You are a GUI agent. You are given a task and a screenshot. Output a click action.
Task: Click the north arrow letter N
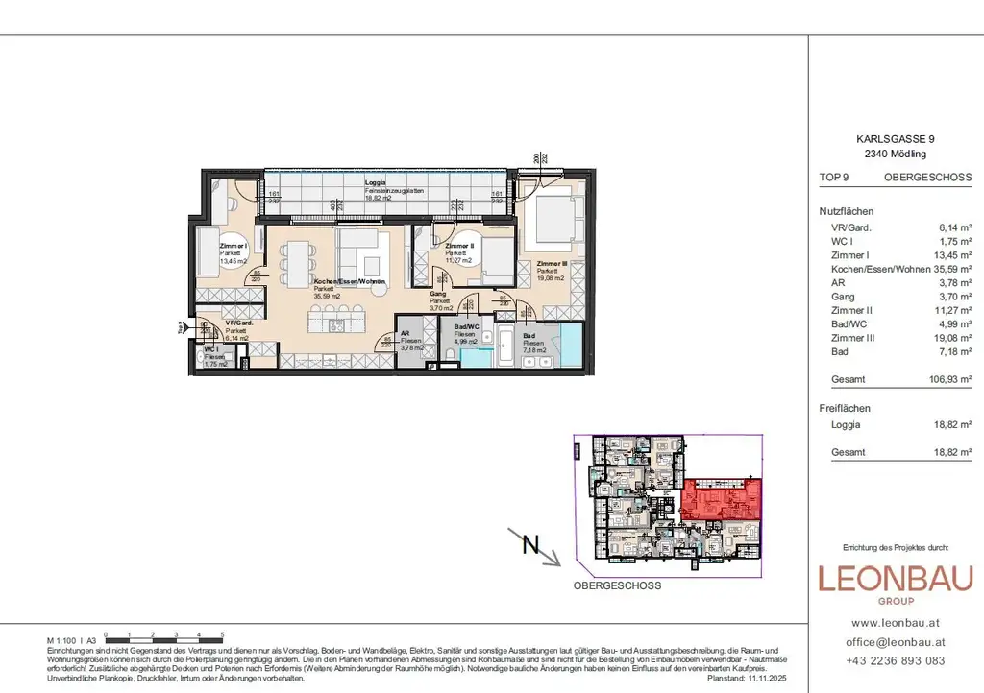[529, 544]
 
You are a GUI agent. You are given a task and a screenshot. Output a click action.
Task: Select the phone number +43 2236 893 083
[895, 660]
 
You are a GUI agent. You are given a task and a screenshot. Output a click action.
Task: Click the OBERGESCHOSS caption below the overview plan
[617, 585]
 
